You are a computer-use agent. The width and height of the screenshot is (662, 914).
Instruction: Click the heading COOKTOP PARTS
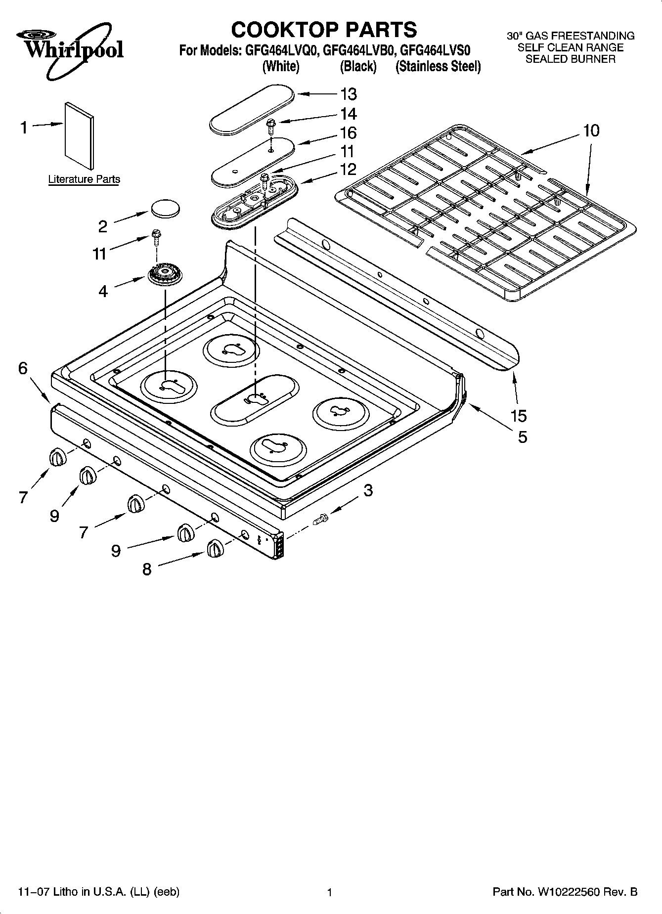[324, 30]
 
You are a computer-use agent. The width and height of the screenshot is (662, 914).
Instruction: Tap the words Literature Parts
[84, 179]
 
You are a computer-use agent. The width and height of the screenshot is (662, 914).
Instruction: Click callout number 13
[348, 94]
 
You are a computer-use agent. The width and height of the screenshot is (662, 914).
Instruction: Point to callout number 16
[348, 133]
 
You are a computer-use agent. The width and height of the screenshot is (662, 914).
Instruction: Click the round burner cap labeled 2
[165, 208]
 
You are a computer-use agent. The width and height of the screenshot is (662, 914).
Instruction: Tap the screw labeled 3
[320, 519]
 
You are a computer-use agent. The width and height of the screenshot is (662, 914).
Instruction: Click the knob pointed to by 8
[215, 549]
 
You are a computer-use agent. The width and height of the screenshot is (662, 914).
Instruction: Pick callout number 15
[519, 416]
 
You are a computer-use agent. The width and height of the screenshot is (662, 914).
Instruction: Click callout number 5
[522, 437]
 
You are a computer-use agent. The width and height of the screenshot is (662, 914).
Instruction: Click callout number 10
[591, 131]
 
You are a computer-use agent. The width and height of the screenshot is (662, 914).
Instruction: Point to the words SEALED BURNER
[570, 59]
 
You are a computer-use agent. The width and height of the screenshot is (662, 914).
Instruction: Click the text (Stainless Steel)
[438, 66]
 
